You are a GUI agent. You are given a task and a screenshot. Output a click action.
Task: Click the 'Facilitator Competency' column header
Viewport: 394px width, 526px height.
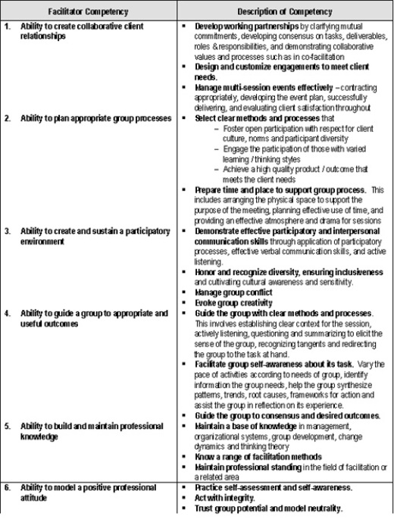coord(89,11)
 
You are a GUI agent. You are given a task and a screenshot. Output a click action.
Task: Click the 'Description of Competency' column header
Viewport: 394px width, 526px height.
coord(284,11)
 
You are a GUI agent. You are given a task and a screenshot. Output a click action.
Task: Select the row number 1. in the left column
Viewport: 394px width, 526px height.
coord(7,27)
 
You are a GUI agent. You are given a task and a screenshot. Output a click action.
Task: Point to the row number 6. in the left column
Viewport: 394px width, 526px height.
coord(7,487)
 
